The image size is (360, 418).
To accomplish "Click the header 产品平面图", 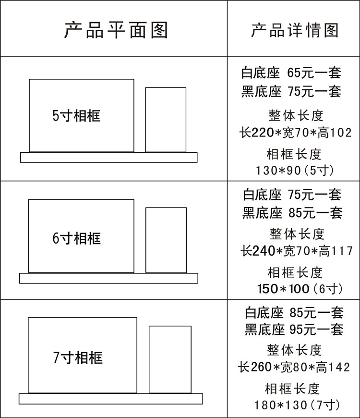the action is pyautogui.click(x=116, y=29).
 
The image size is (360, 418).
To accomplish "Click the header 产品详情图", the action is pyautogui.click(x=294, y=29).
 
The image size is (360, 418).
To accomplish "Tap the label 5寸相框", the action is pyautogui.click(x=76, y=116).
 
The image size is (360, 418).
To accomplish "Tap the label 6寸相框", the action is pyautogui.click(x=76, y=238).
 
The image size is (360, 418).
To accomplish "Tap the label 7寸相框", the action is pyautogui.click(x=77, y=357).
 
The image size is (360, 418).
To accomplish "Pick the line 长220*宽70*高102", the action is pyautogui.click(x=295, y=132).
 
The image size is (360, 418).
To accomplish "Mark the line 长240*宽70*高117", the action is pyautogui.click(x=296, y=250).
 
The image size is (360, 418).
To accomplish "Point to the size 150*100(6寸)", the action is pyautogui.click(x=300, y=289).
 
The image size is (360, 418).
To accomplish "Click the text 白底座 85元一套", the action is pyautogui.click(x=294, y=312).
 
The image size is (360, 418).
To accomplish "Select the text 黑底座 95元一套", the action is pyautogui.click(x=294, y=330).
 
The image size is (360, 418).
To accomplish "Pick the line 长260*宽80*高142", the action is pyautogui.click(x=294, y=368).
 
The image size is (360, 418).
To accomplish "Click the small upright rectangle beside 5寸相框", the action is pyautogui.click(x=166, y=120).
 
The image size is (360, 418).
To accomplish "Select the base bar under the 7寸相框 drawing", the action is pyautogui.click(x=111, y=399).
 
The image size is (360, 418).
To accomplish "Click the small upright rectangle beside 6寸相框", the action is pyautogui.click(x=166, y=240).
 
